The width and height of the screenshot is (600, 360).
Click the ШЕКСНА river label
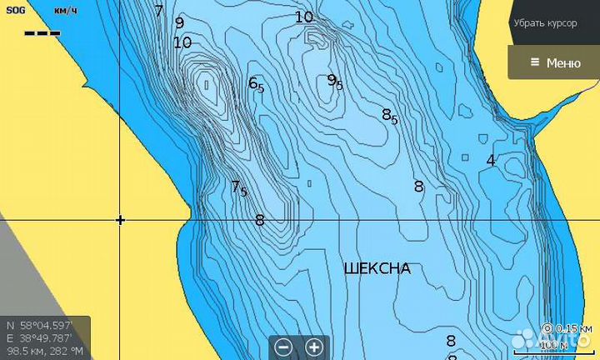(377, 268)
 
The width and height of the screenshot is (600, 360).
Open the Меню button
(553, 62)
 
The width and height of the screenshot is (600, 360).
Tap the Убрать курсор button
(545, 23)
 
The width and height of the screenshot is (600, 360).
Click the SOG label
(16, 10)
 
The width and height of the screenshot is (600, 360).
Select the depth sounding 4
(491, 160)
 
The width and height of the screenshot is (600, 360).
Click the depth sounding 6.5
(256, 84)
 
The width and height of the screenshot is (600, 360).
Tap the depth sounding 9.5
(334, 81)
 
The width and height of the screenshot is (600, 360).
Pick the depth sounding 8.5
(389, 116)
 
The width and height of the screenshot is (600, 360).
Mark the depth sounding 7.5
(238, 187)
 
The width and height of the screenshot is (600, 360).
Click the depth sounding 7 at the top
(159, 12)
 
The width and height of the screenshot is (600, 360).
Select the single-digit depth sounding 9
(179, 23)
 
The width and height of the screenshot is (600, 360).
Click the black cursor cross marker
(121, 220)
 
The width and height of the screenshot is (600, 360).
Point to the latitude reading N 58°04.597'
(39, 325)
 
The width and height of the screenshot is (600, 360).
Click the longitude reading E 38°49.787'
(39, 338)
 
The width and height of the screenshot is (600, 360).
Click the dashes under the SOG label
(42, 33)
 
